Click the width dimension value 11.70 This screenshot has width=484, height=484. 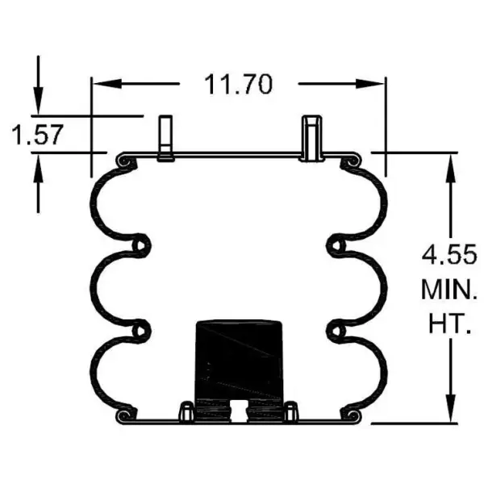click(x=238, y=84)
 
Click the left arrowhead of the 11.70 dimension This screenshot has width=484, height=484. click(x=102, y=84)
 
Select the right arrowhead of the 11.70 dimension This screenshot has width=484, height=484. click(x=375, y=84)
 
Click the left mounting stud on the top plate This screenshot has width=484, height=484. click(x=166, y=138)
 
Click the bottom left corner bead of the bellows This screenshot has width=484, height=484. click(x=123, y=415)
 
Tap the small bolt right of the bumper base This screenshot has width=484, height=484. click(x=291, y=411)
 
